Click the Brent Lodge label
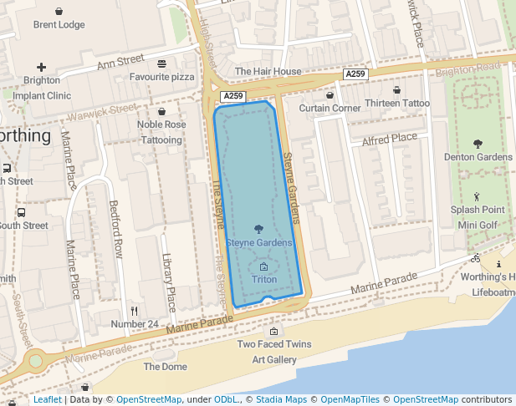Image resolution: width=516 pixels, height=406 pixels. coord(59,25)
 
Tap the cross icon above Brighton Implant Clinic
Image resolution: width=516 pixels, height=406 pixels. coord(41,67)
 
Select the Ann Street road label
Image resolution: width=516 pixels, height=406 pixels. coord(120,61)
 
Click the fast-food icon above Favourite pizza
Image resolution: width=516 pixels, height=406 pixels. coord(161,63)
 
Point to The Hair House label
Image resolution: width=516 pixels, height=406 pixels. coord(268,72)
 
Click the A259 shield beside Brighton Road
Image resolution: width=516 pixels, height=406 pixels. coord(355,74)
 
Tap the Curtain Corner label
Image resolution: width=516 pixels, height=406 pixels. coord(330,108)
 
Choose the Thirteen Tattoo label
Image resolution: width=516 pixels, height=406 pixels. coord(397,104)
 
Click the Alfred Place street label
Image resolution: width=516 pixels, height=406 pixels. coord(389,138)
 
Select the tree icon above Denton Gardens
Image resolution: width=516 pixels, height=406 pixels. coord(478,144)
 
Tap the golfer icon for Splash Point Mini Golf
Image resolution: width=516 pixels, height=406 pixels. coord(478,197)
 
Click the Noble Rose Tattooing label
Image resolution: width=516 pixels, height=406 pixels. coord(161,132)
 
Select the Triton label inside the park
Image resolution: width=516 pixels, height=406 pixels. coord(264,279)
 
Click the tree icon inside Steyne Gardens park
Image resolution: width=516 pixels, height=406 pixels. coord(258,229)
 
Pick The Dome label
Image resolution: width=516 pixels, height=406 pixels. coord(165,367)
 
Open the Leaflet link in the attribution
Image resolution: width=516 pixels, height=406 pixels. coord(48,400)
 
